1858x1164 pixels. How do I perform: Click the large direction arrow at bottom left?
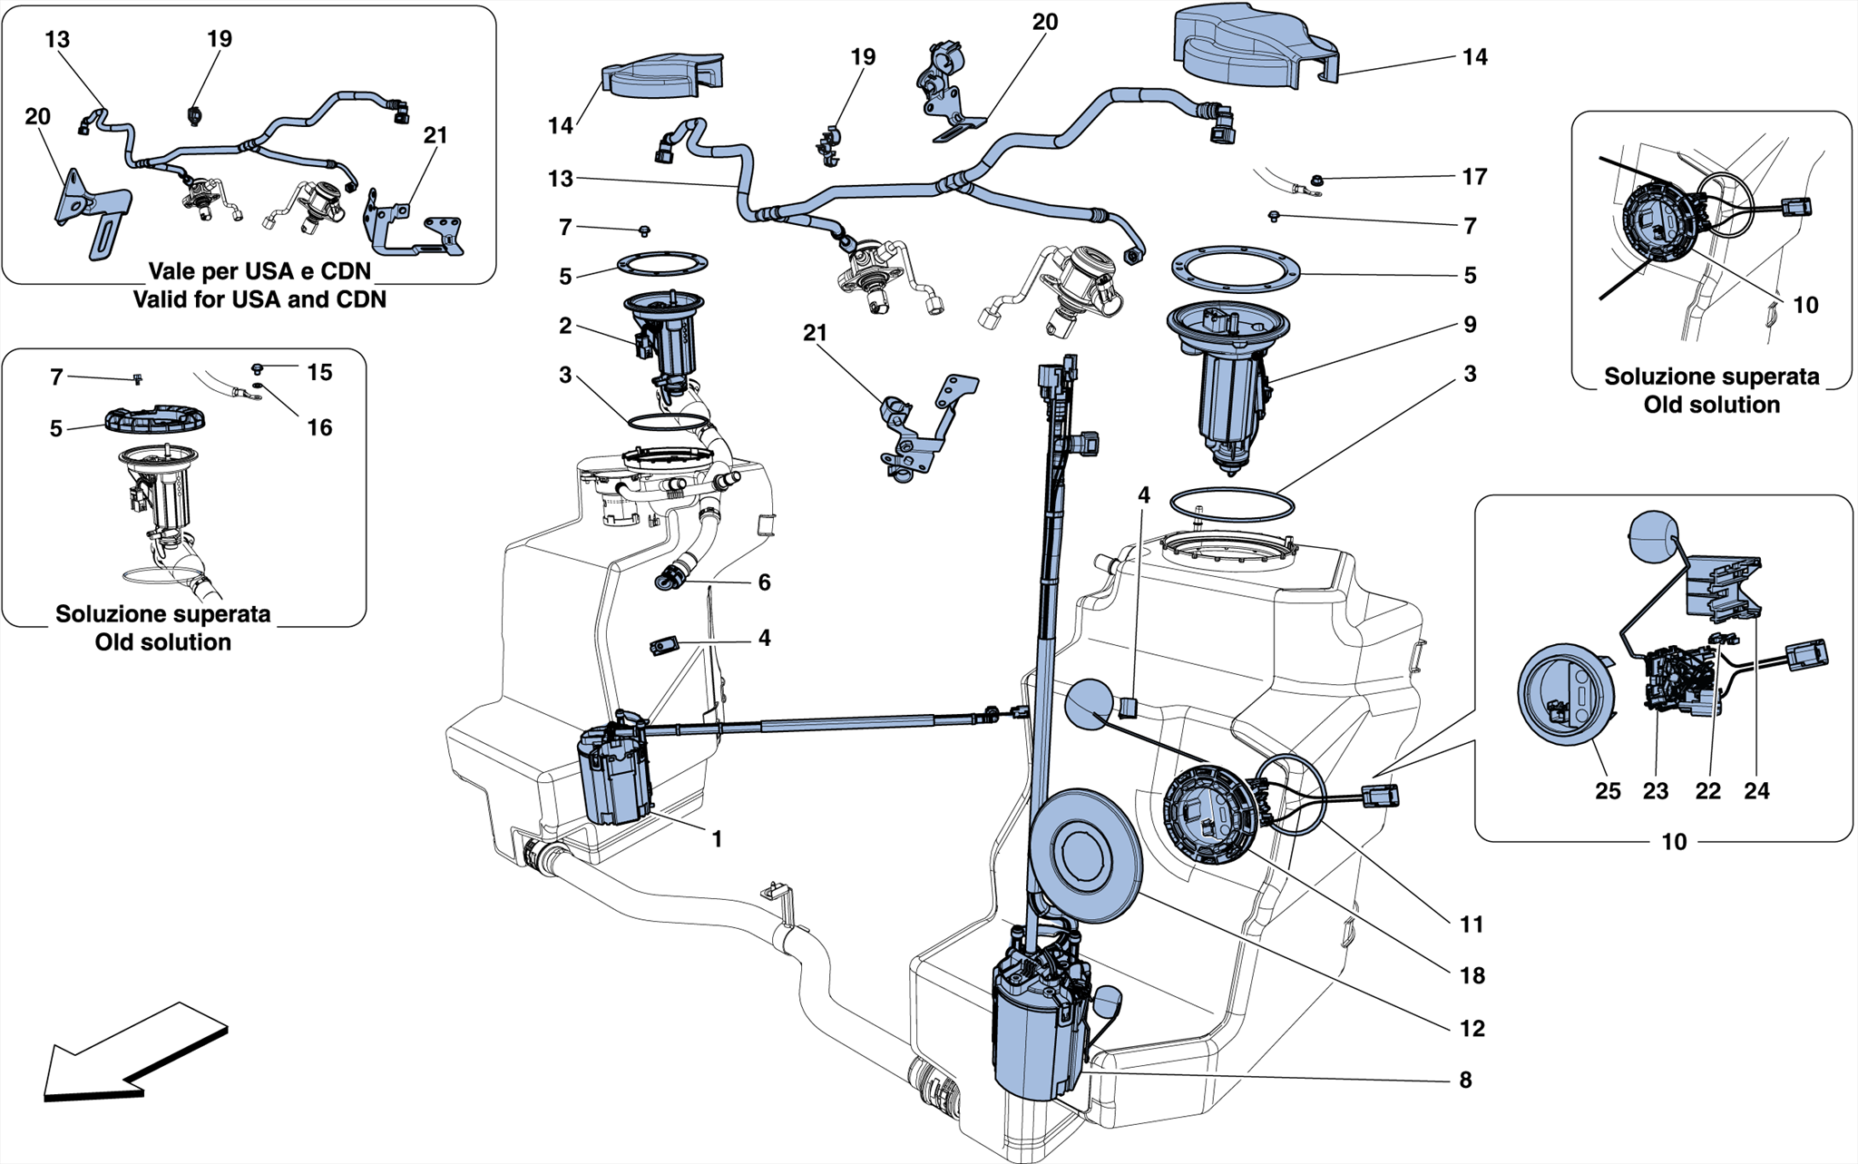[136, 1052]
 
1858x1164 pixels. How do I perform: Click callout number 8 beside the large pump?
[1465, 1081]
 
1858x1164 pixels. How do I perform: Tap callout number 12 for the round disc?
[1472, 1029]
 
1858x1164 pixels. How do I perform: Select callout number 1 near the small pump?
[717, 840]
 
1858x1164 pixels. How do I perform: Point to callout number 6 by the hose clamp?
[764, 582]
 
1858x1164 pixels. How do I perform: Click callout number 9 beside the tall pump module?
[1470, 325]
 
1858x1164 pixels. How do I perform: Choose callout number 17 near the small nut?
[1474, 177]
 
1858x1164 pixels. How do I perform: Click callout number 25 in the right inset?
[1608, 791]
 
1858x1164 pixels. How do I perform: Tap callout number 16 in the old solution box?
[319, 427]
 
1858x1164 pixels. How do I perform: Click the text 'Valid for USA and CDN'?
[259, 299]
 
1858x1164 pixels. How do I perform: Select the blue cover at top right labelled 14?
[1252, 45]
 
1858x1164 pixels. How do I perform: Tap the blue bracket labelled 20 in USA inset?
[91, 213]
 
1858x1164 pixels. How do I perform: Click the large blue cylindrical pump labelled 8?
[1039, 1034]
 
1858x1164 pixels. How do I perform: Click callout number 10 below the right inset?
[1673, 842]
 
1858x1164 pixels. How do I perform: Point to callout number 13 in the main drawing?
[561, 180]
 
